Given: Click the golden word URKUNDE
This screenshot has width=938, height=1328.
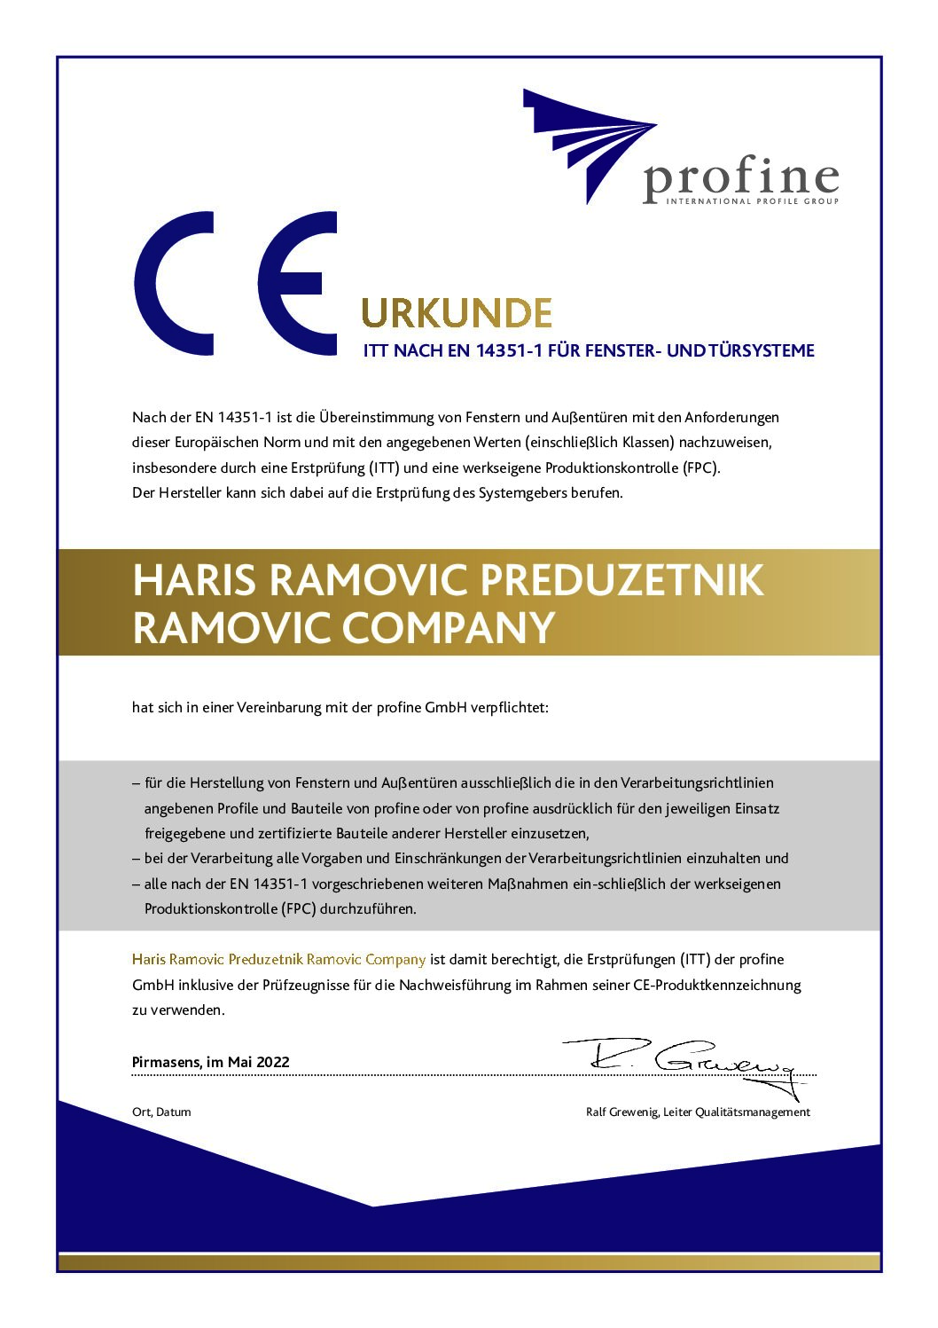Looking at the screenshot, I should [x=457, y=313].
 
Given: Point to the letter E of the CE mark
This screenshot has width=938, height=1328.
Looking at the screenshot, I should [x=298, y=283].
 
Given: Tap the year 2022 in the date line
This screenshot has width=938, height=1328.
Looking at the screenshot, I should [x=273, y=1062].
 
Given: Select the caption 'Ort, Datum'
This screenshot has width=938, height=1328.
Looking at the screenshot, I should [x=161, y=1112].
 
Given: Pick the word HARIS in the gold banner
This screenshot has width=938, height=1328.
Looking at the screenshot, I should [x=194, y=580].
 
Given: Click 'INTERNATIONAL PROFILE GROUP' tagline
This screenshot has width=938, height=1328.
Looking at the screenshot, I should [x=740, y=201].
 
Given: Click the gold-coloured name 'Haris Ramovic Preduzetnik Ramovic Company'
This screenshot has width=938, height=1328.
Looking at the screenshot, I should [x=278, y=959].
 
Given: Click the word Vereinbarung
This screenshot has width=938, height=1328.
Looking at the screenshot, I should [x=276, y=708].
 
